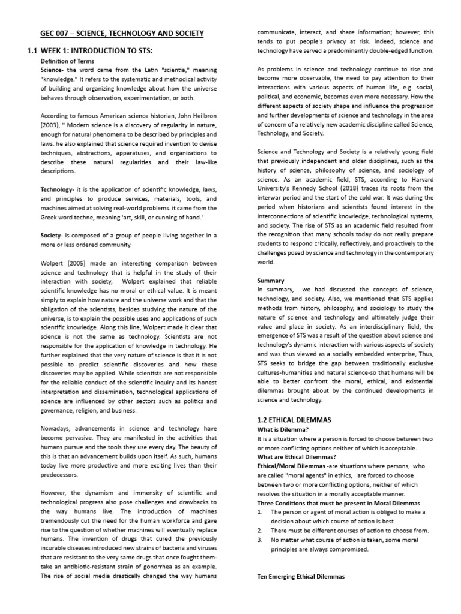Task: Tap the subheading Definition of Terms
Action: [x=68, y=61]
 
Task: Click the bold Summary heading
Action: [x=270, y=280]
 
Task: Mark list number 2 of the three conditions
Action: [x=259, y=531]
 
